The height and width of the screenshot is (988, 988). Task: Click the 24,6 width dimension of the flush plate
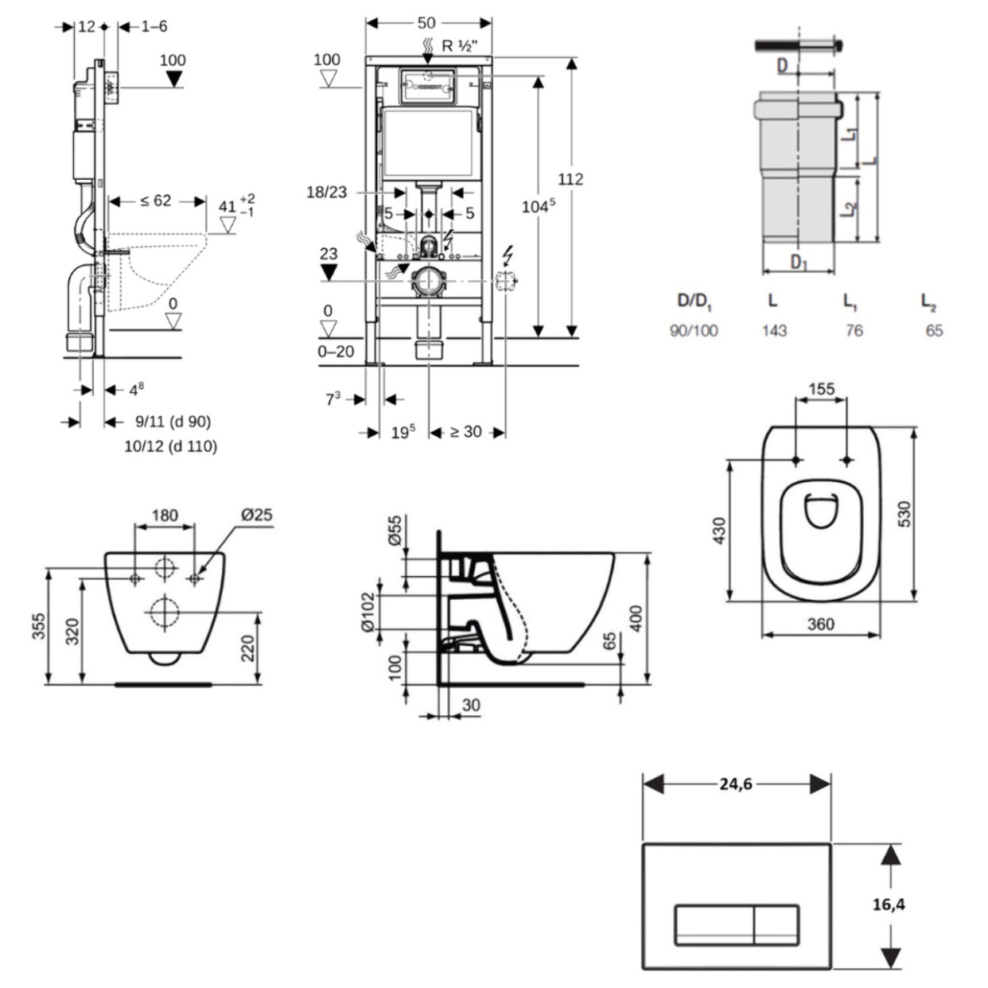click(x=736, y=784)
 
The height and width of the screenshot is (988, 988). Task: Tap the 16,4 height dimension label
click(x=889, y=904)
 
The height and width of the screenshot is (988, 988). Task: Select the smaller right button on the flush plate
click(x=776, y=924)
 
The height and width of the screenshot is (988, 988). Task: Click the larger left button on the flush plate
click(x=714, y=924)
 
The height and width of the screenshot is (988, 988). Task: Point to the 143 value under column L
click(x=774, y=330)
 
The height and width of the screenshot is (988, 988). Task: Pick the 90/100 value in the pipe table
click(x=694, y=330)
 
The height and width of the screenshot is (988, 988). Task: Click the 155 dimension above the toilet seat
click(x=821, y=389)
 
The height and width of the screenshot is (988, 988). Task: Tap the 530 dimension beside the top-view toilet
click(x=904, y=514)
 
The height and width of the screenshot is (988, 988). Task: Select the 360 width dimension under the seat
click(x=820, y=624)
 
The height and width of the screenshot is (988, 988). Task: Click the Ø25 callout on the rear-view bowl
click(x=256, y=515)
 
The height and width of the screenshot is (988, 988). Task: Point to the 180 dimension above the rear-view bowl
click(x=165, y=515)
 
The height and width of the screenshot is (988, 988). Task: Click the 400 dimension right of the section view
click(x=636, y=618)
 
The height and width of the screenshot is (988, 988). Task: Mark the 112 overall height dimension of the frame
click(x=570, y=179)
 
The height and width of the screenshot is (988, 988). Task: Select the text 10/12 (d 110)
click(x=170, y=445)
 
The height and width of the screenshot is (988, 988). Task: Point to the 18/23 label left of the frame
click(x=326, y=192)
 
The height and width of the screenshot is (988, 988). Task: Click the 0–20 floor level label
click(x=336, y=351)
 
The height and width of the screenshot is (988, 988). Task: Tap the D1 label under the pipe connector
click(x=799, y=261)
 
